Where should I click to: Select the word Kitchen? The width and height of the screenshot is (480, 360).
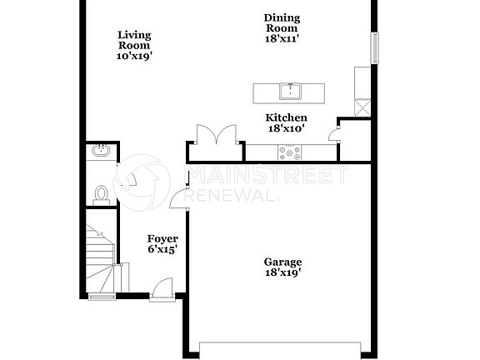286,117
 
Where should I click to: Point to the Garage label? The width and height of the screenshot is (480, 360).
282,261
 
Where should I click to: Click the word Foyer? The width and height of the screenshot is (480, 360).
162,238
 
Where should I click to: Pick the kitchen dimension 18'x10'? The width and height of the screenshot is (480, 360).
286,128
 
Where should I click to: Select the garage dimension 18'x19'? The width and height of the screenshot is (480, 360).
282,272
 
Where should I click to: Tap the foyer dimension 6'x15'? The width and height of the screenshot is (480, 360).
162,249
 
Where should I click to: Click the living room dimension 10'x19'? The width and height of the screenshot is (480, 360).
133,57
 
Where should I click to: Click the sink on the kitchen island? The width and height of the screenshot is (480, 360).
290,89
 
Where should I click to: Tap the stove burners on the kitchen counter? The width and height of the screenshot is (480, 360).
292,152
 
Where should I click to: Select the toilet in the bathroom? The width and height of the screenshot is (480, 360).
101,193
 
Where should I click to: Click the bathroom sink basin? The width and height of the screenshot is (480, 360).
100,151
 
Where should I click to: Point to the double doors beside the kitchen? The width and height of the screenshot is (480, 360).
215,136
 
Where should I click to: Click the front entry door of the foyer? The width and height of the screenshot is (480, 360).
162,290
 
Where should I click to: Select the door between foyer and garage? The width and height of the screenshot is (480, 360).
180,197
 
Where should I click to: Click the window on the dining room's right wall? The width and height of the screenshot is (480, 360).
375,48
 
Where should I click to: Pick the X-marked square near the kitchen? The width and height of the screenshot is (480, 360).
362,106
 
